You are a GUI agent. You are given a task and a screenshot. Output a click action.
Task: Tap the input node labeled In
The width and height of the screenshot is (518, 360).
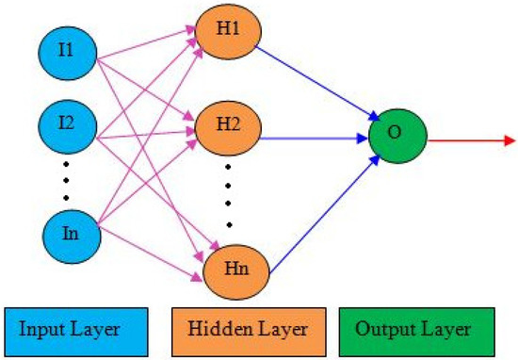pos(67,232)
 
